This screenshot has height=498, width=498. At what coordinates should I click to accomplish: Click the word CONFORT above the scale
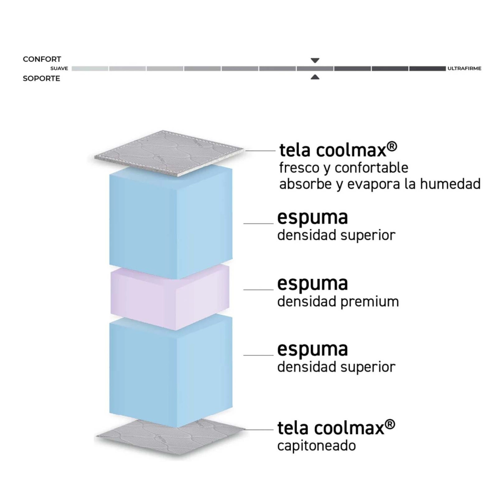(42, 59)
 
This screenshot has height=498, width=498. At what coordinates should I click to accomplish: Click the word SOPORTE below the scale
(41, 78)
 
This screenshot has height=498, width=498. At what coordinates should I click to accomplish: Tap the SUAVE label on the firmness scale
(59, 68)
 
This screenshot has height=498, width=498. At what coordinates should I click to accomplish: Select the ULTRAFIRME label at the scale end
(464, 68)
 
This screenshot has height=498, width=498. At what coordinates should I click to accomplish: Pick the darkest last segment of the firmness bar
(427, 68)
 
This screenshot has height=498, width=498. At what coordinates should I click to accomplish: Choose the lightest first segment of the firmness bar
(90, 68)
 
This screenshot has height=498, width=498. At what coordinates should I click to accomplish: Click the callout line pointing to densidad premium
(258, 290)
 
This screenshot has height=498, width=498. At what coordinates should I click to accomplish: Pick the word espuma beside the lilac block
(312, 284)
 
